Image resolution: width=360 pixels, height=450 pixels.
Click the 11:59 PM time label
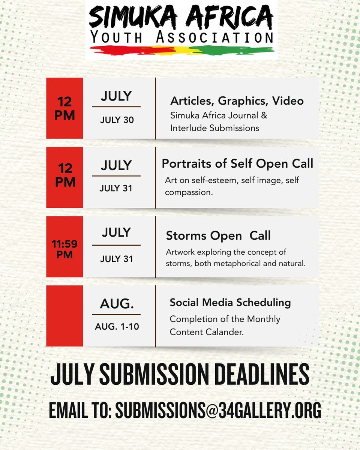coord(64,249)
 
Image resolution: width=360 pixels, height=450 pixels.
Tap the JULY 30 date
coord(117,120)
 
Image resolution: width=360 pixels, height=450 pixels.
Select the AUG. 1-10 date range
coord(117,326)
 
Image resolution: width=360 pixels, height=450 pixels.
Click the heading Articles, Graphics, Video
coord(237,101)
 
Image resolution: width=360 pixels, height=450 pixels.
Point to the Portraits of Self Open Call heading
coord(237,163)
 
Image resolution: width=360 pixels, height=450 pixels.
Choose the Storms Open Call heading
coord(218,235)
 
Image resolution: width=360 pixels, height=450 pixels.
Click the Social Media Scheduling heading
coord(230,303)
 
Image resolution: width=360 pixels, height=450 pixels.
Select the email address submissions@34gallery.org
coord(218,410)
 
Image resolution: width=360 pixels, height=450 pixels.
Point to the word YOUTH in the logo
coord(116,37)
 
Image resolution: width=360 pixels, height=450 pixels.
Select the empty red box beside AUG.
coord(64,316)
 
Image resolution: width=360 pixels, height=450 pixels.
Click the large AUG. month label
coord(117,304)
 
